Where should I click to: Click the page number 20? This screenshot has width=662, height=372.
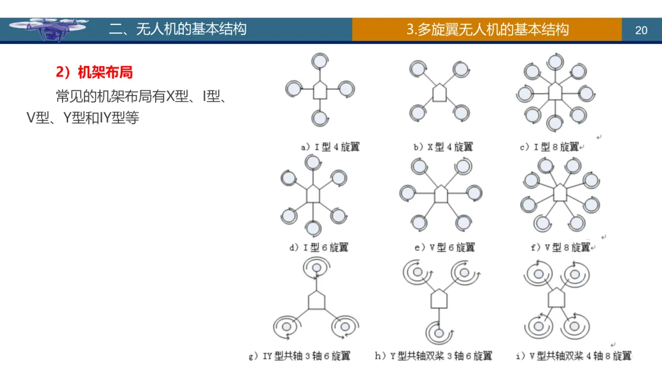pos(641,30)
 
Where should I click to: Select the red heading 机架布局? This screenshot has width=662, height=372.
pos(94,72)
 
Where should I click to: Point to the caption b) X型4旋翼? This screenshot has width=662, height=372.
pos(443,147)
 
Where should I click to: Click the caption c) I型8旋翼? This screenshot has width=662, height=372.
pos(549,147)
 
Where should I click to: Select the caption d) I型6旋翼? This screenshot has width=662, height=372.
pos(319,248)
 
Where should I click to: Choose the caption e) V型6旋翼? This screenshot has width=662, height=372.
pos(444,247)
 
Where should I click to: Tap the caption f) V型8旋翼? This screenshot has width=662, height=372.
pos(560,247)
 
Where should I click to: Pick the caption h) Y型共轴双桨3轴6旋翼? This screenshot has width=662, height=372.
pos(433,355)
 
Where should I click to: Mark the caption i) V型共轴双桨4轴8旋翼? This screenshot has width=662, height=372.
pos(573,355)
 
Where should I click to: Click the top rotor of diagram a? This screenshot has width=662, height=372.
pos(319,61)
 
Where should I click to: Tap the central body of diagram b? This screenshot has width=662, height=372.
pos(439,92)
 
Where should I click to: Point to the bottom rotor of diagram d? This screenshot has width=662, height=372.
pos(313,228)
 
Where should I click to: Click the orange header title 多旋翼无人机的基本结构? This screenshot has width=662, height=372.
pos(488,29)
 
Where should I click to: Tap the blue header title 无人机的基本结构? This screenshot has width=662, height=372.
pos(178,29)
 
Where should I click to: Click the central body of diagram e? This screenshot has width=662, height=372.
pos(441,194)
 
